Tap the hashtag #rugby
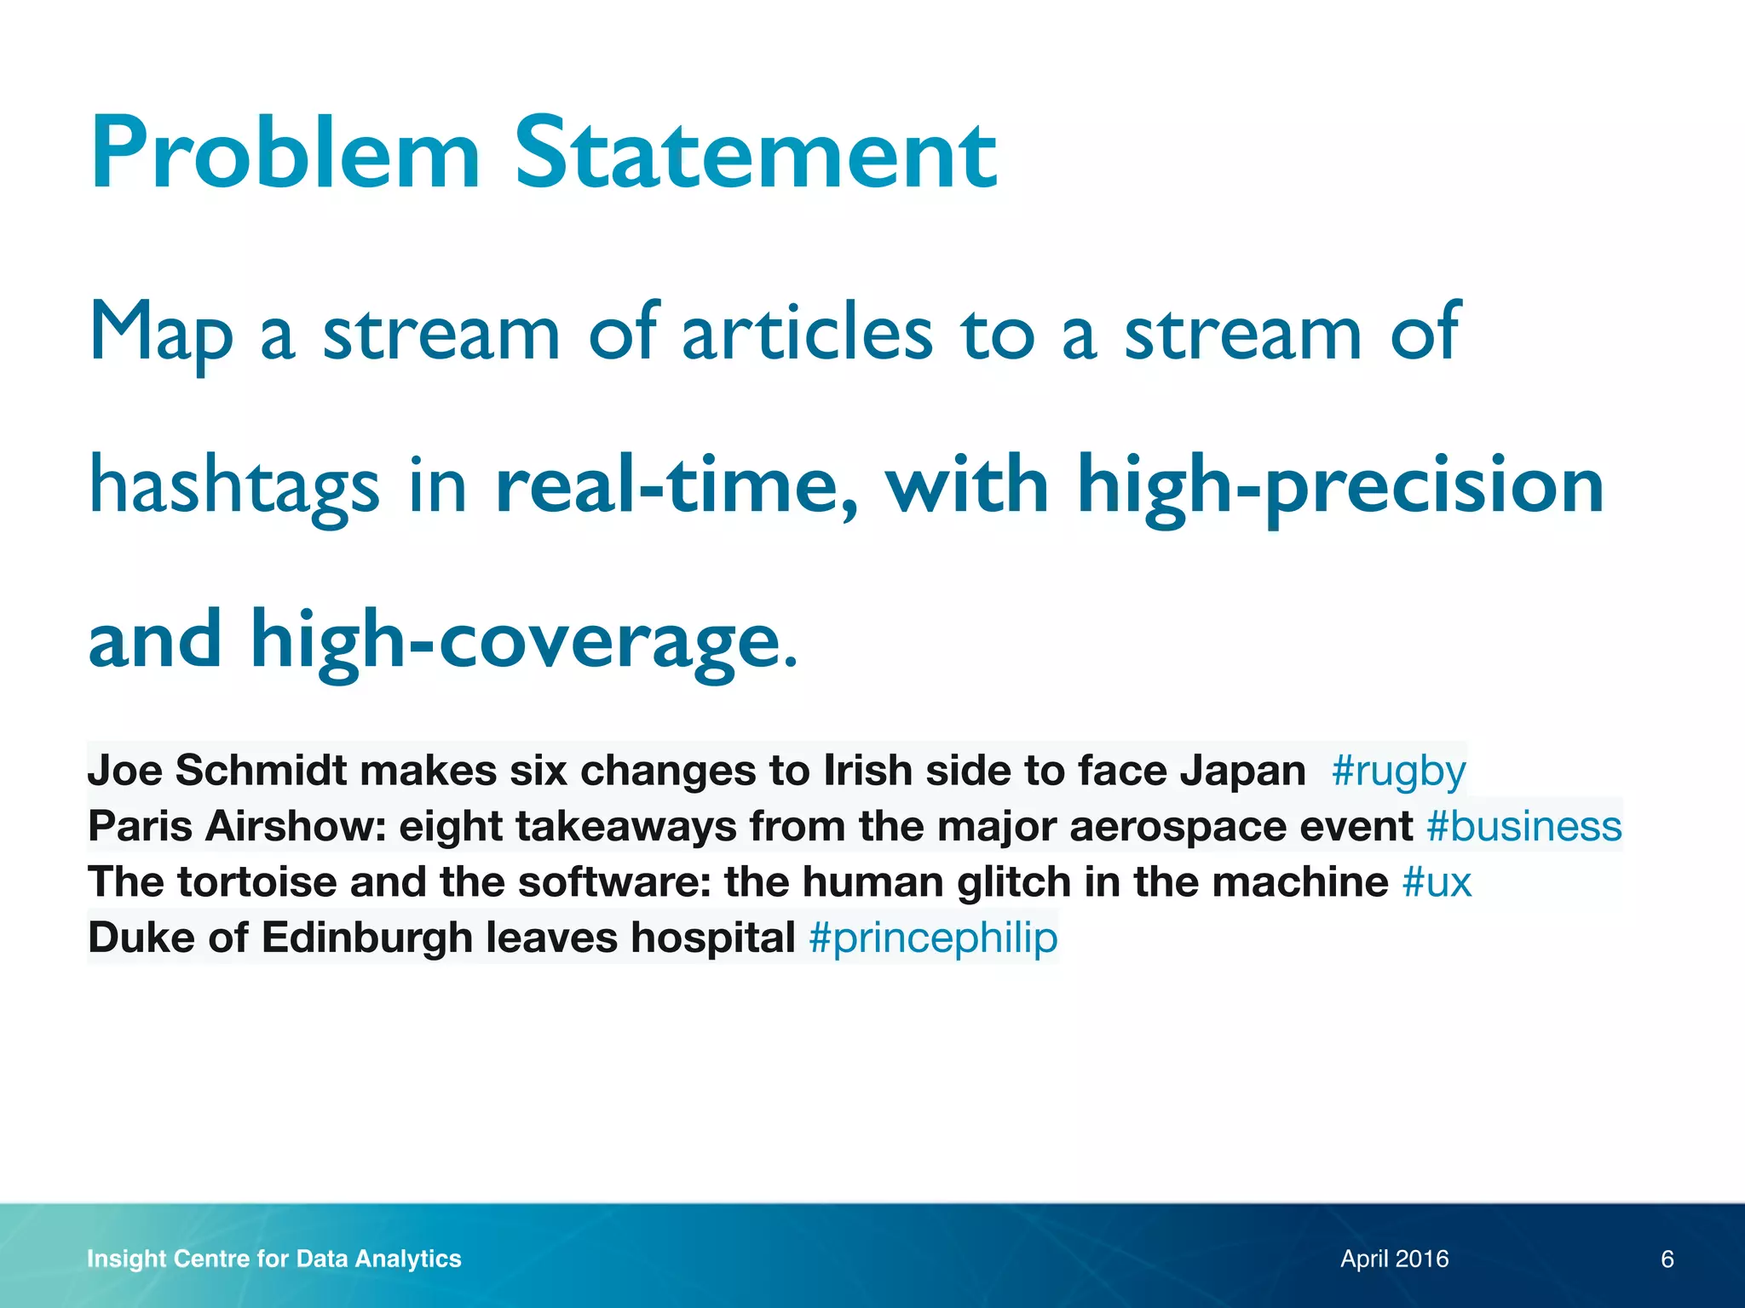coord(1398,772)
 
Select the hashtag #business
coord(1524,827)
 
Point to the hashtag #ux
coord(1437,882)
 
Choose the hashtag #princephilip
coord(933,938)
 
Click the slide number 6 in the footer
coord(1667,1259)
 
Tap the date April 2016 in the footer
coord(1394,1259)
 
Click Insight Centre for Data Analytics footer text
coord(274,1259)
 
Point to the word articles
coord(807,332)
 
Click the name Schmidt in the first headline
coord(261,771)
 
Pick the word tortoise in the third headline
coord(257,882)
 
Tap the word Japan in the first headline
coord(1242,771)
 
